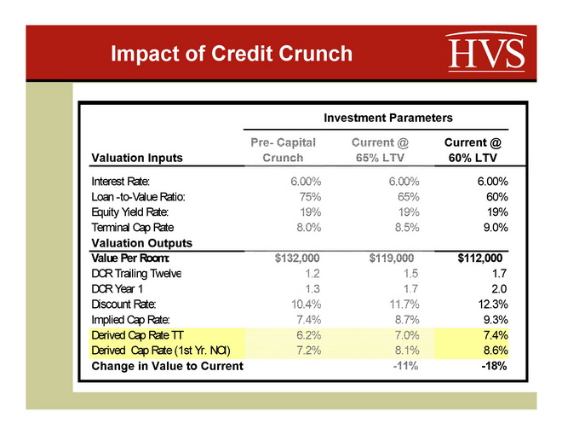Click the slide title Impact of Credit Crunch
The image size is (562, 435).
[x=232, y=54]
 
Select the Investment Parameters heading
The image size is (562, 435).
[x=387, y=117]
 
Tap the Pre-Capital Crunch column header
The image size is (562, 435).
[x=284, y=150]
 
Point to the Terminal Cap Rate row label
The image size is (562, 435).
[x=131, y=227]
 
